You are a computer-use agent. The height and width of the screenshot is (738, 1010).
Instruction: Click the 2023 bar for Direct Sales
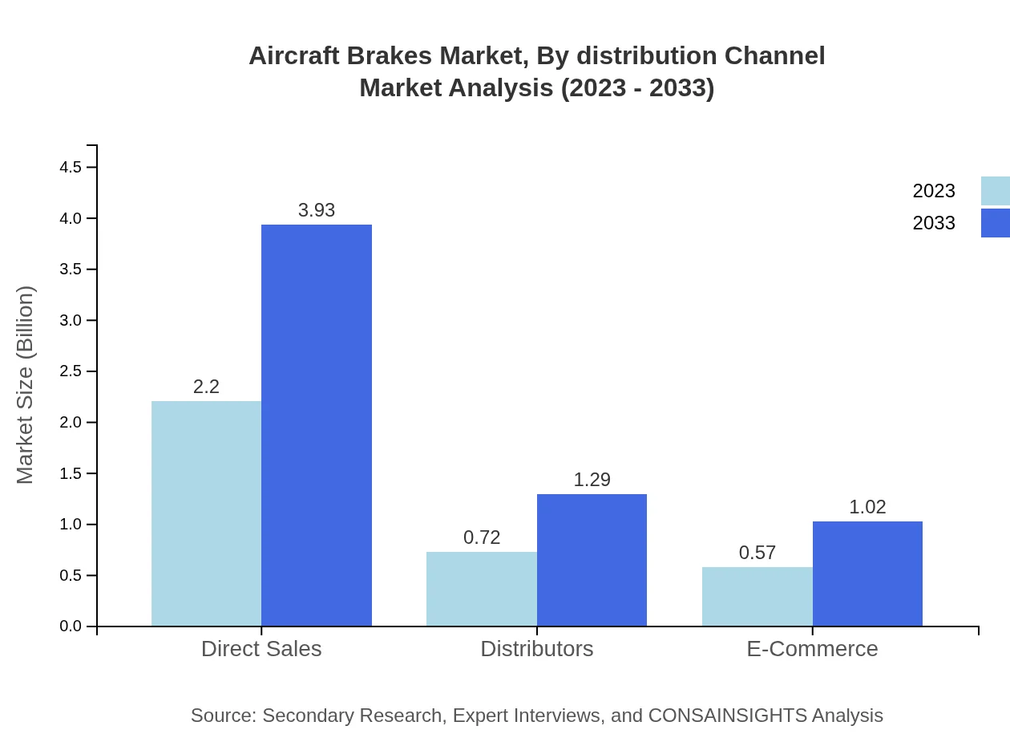(x=206, y=513)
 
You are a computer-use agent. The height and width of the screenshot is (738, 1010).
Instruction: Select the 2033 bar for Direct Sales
(x=317, y=425)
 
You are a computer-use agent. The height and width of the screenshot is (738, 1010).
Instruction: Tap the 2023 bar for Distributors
(x=482, y=589)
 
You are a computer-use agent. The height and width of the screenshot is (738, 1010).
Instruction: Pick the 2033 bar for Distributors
(x=592, y=560)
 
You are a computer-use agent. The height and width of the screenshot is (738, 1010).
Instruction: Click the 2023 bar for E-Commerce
(x=757, y=597)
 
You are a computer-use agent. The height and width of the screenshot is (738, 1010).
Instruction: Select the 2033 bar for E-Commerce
(x=867, y=574)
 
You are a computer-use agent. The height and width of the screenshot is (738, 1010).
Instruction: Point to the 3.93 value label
(x=317, y=210)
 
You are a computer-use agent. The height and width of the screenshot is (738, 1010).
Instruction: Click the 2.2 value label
(x=206, y=387)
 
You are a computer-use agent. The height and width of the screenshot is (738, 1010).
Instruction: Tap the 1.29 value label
(x=592, y=480)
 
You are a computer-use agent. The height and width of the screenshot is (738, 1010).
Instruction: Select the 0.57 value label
(x=757, y=553)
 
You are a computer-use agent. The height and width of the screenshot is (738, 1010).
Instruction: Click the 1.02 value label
(x=867, y=507)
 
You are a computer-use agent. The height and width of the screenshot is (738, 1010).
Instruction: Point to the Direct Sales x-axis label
(x=261, y=649)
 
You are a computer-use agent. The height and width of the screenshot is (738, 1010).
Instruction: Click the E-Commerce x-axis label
(x=812, y=649)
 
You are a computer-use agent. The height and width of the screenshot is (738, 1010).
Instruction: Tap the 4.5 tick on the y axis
(x=71, y=168)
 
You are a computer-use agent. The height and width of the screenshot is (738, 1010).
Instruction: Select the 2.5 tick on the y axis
(x=71, y=371)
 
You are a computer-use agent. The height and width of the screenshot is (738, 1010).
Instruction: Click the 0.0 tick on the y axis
(x=71, y=626)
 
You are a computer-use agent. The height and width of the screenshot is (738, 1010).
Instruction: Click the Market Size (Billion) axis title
(x=26, y=385)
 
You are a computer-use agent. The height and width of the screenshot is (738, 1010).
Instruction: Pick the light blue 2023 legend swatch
(x=995, y=191)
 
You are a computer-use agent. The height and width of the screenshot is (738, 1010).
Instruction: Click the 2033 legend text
(x=934, y=223)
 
